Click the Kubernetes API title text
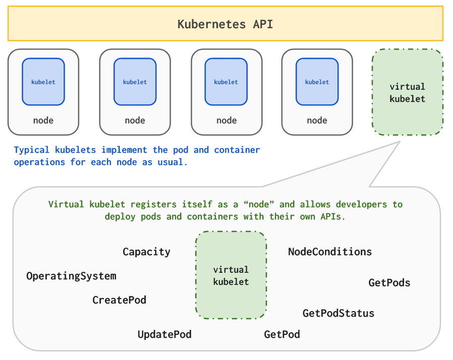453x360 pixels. pos(225,24)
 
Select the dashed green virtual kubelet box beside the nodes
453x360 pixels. pos(407,92)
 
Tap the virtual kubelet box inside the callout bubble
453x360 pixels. pos(231,275)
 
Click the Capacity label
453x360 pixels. pos(146,252)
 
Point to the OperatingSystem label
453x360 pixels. pos(71,276)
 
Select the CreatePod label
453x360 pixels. pos(119,300)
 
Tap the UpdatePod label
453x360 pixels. pos(164,334)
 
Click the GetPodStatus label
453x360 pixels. pos(338,313)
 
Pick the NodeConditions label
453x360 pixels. pos(330,252)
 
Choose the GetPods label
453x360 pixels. pos(389,283)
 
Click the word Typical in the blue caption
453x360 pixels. pos(31,150)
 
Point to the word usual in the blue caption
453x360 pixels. pos(171,162)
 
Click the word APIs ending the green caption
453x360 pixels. pos(331,216)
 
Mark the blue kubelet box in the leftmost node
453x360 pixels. pos(43,82)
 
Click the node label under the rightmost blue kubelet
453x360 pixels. pos(317,121)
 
